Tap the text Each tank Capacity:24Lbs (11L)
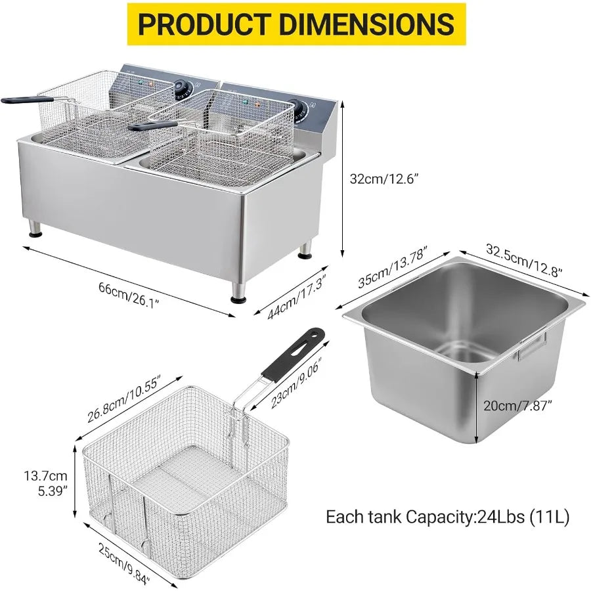point(448,516)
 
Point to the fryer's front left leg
point(33,230)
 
